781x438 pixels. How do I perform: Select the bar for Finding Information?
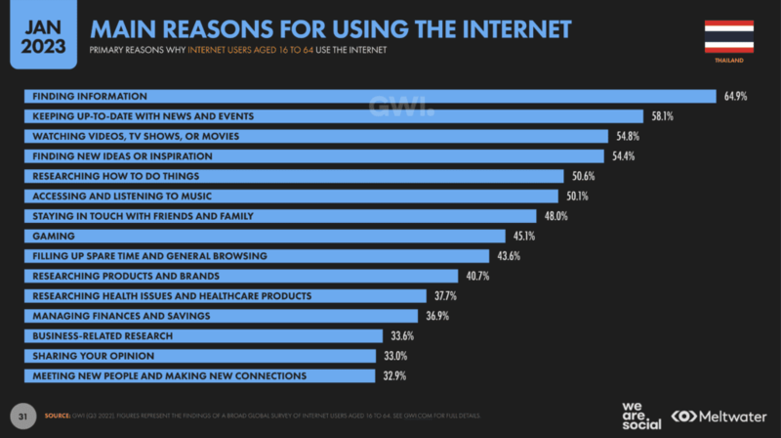click(x=371, y=96)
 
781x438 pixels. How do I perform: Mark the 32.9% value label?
click(x=392, y=376)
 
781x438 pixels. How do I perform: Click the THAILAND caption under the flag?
click(x=728, y=61)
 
